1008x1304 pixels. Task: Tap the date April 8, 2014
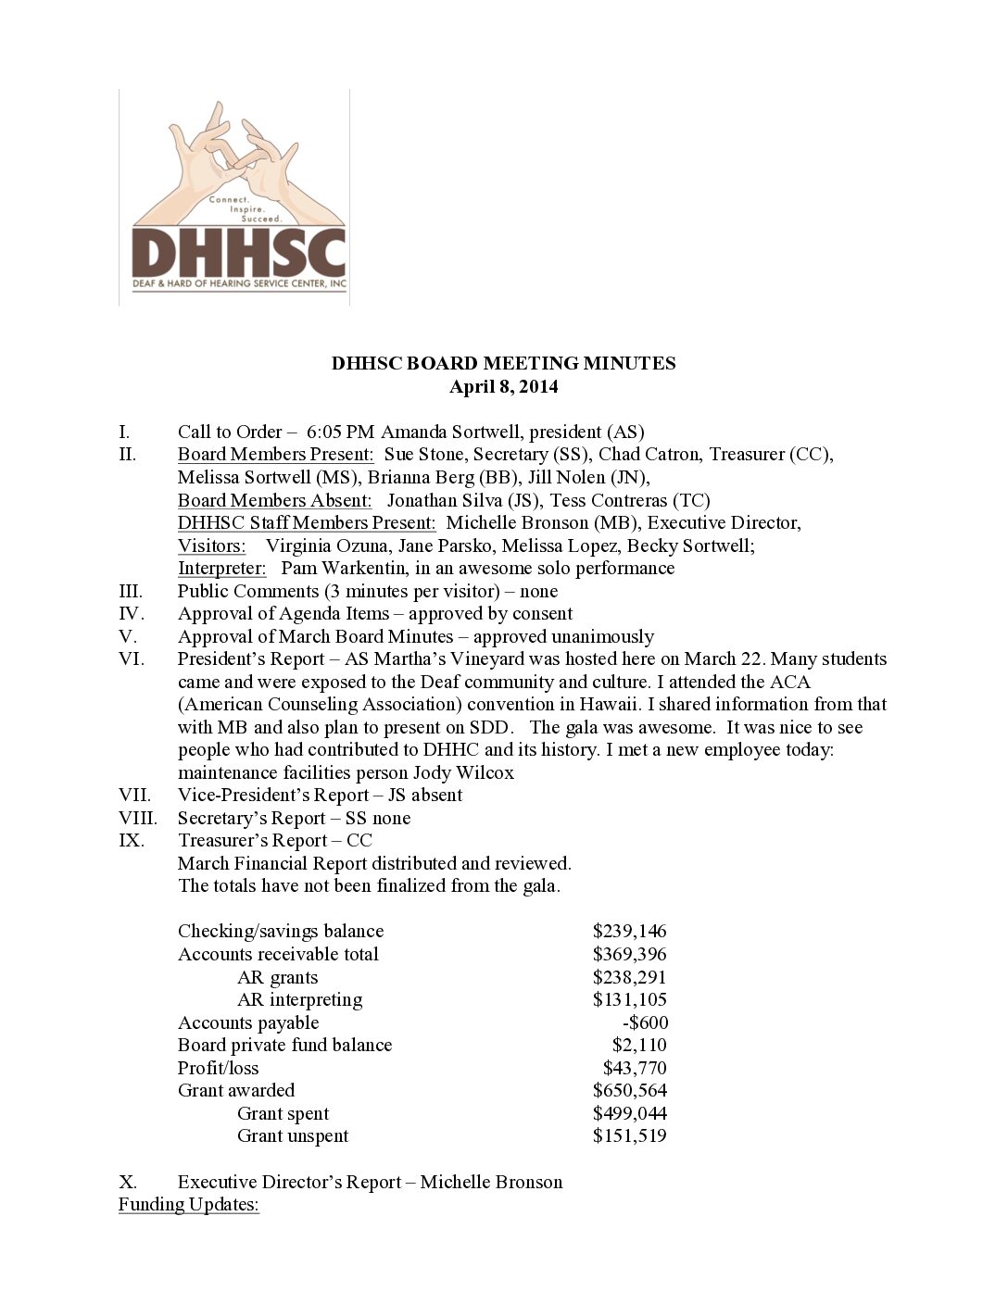coord(503,386)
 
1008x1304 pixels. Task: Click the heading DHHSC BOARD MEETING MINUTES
coord(503,363)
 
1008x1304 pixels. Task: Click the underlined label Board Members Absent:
coord(275,500)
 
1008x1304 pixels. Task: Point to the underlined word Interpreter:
coord(222,568)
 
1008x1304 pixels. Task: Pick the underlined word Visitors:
coord(212,545)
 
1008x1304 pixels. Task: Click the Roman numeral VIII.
coord(138,818)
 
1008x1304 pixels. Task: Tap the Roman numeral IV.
coord(132,613)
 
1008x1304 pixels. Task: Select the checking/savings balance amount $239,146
coord(629,931)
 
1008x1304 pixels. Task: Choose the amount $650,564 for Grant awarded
coord(629,1090)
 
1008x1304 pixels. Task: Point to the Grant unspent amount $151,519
coord(629,1135)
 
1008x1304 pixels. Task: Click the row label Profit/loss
coord(219,1068)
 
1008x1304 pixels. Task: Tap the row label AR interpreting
coord(299,999)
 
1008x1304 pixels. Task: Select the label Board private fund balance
coord(284,1045)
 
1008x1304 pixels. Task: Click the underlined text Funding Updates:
coord(189,1205)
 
